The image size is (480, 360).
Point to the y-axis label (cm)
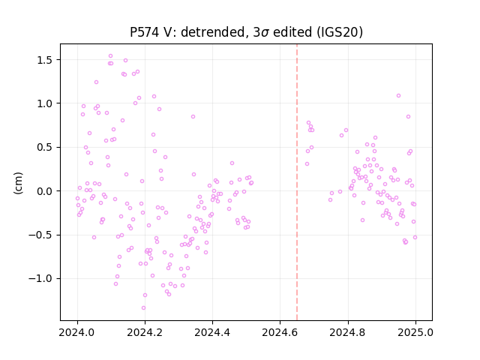18,183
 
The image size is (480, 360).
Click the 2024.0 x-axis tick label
77,332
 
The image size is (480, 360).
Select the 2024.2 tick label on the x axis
145,332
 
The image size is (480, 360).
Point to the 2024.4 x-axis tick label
212,332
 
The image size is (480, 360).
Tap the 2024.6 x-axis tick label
280,332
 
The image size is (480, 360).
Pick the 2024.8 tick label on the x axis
348,332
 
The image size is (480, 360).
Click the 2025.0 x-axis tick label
415,332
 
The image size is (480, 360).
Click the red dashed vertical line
297,182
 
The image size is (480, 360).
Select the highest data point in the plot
110,56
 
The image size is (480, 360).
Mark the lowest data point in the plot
143,308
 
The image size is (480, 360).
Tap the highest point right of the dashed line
398,96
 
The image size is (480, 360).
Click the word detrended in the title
214,32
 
